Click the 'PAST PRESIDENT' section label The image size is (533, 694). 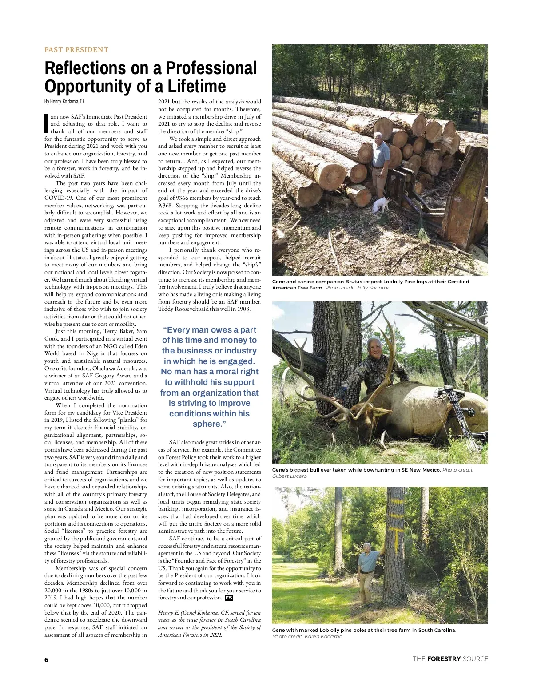point(76,50)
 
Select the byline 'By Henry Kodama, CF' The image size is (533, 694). point(64,102)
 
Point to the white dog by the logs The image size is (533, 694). point(381,204)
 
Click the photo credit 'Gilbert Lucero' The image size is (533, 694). point(289,476)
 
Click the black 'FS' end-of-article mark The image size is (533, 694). point(229,598)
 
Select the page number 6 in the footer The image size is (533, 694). point(47,659)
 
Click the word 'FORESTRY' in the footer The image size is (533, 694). point(444,659)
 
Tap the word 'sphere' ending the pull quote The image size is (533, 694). point(207,424)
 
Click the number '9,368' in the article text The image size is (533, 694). point(166,206)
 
